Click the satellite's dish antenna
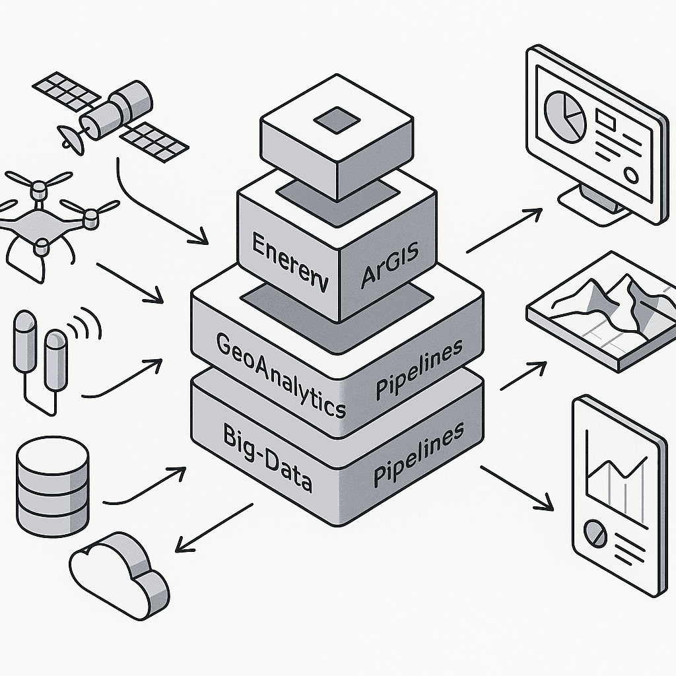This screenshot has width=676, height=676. (x=70, y=138)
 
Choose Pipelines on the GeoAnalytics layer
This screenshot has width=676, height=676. (x=419, y=370)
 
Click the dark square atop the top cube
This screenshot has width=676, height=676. (x=337, y=121)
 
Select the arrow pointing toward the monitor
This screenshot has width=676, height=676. (x=504, y=230)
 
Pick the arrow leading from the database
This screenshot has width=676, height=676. (x=145, y=485)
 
